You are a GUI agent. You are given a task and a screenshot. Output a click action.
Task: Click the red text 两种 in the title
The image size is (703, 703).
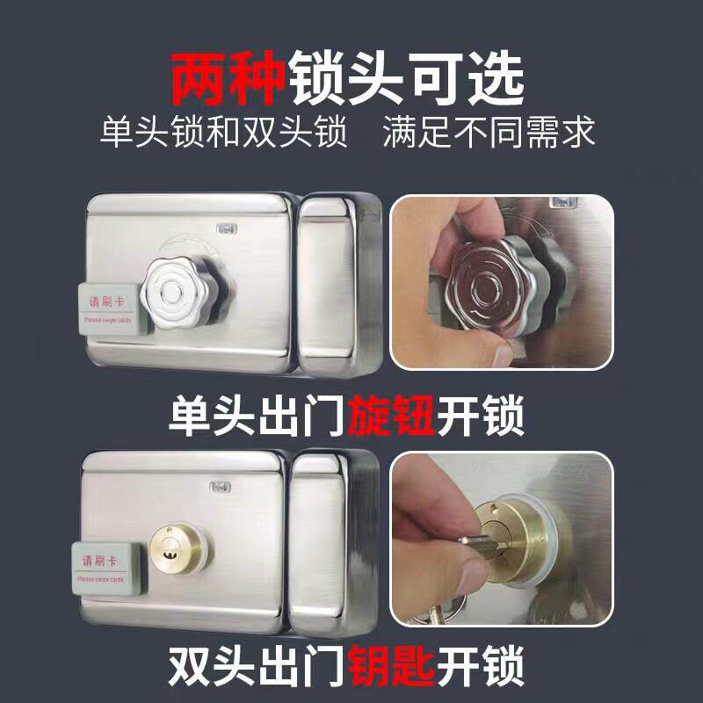tap(228, 78)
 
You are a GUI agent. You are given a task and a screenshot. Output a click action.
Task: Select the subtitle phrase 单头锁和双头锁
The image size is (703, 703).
tap(224, 134)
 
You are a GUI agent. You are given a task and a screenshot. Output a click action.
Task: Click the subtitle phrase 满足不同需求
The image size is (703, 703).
tap(489, 134)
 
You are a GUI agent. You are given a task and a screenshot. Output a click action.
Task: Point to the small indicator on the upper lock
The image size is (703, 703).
tap(228, 228)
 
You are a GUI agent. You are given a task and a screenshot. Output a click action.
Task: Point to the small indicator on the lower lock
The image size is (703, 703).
tap(219, 485)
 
